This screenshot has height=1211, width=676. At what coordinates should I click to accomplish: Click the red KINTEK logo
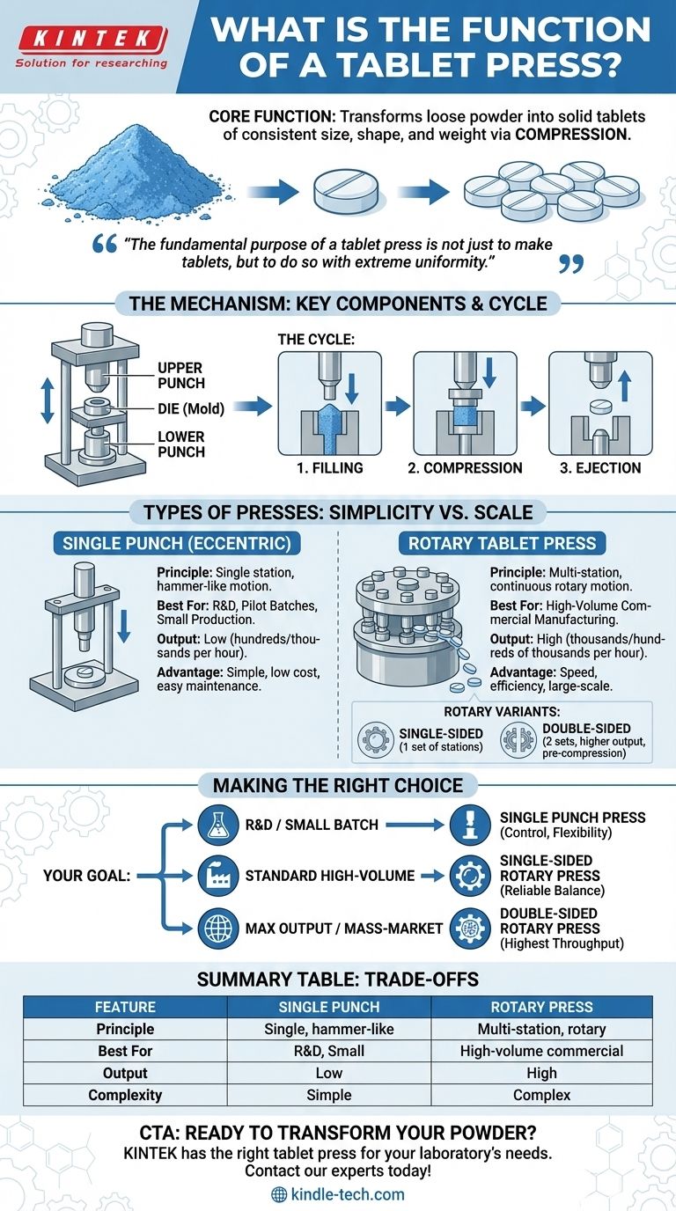click(x=92, y=40)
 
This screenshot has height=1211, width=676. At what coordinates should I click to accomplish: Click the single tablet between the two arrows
click(x=346, y=192)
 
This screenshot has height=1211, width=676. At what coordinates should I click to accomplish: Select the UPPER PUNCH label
click(x=181, y=375)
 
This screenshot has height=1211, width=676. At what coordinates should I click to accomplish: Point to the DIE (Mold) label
click(x=191, y=408)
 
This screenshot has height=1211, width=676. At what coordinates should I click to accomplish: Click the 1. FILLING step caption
click(x=329, y=467)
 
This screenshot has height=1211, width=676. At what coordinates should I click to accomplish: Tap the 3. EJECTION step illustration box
click(x=600, y=403)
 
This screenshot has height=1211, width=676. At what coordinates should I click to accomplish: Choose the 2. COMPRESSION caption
click(x=465, y=467)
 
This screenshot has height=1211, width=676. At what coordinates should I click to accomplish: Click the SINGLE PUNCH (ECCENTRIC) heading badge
click(x=177, y=543)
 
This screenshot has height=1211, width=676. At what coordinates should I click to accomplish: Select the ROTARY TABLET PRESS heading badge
click(x=502, y=543)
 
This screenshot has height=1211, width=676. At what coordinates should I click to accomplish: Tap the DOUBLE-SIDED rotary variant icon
click(x=518, y=739)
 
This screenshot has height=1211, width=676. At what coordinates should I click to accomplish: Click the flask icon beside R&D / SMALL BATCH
click(x=218, y=825)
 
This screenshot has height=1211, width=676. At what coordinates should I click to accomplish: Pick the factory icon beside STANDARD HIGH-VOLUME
click(x=218, y=876)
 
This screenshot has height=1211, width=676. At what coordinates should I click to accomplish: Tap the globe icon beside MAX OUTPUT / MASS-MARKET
click(x=218, y=928)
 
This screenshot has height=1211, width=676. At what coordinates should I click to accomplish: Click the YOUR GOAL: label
click(x=86, y=876)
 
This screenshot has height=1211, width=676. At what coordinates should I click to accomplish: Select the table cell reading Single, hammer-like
click(x=329, y=1029)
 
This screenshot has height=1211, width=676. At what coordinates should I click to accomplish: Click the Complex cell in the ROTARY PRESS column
click(x=541, y=1095)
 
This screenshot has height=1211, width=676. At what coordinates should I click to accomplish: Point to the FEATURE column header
click(x=125, y=1007)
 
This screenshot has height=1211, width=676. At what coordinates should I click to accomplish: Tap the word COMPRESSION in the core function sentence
click(x=572, y=134)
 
